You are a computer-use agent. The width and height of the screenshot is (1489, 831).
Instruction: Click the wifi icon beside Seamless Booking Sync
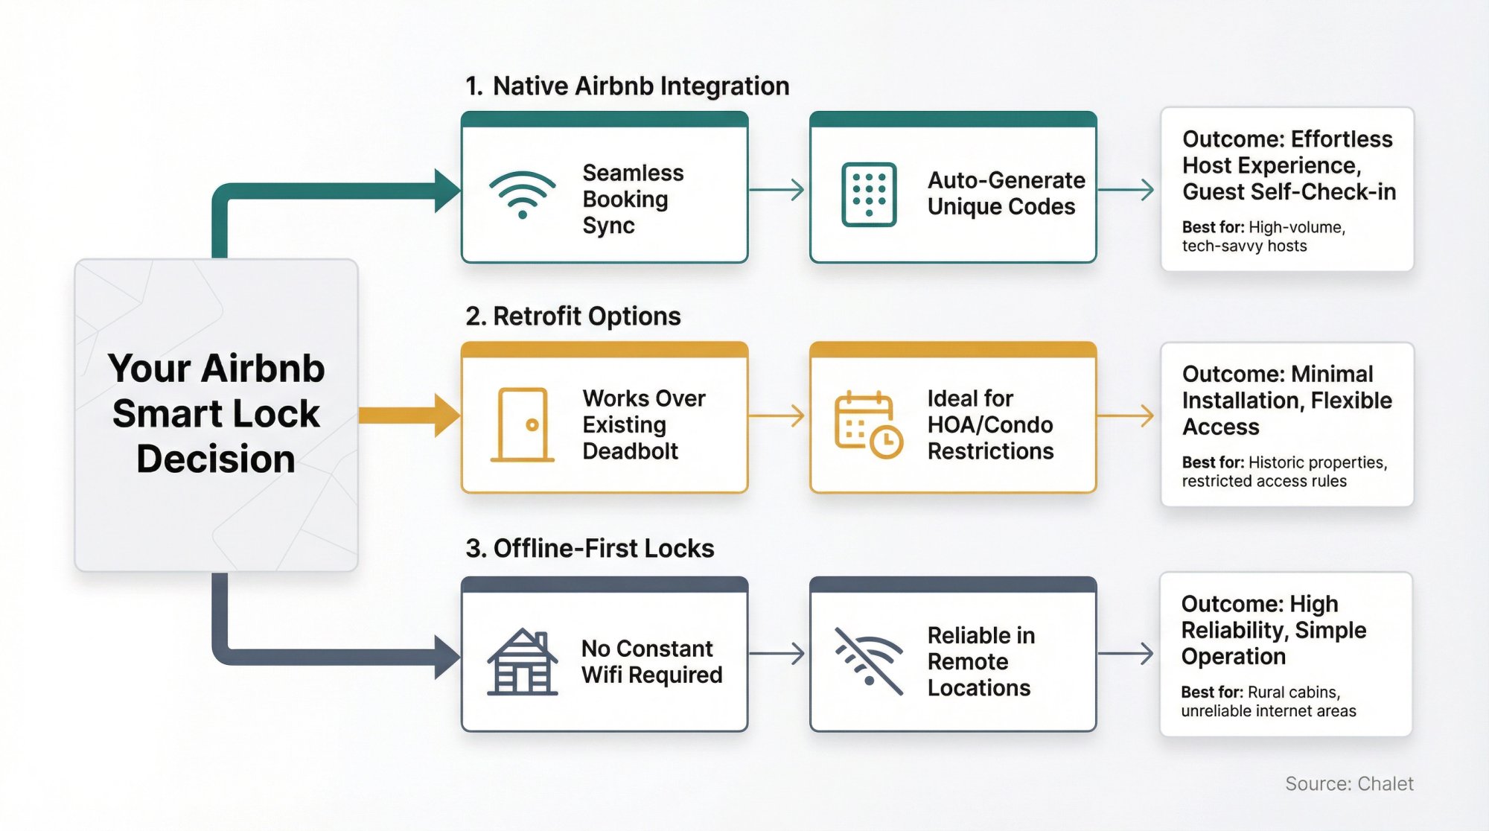click(x=523, y=194)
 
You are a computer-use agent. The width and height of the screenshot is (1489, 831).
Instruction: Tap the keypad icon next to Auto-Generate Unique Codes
click(x=869, y=194)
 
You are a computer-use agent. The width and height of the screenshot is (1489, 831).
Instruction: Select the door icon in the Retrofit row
click(x=522, y=424)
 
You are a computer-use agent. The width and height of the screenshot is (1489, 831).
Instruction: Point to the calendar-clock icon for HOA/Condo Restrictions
click(x=868, y=424)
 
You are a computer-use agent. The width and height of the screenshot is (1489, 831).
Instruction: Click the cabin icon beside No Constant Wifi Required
click(x=522, y=662)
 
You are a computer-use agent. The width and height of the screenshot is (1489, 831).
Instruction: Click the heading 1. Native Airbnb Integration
click(x=627, y=86)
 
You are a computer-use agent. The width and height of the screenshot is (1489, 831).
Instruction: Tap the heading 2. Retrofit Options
click(x=573, y=316)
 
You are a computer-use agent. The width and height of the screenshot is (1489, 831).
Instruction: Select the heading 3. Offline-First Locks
click(x=589, y=549)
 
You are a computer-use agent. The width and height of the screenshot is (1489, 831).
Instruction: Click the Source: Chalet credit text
click(x=1348, y=784)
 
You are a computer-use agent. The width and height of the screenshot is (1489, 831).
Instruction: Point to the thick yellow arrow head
click(x=447, y=415)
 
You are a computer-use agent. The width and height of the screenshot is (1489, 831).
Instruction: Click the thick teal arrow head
click(x=447, y=191)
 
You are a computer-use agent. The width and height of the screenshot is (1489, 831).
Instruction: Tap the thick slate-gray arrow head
click(x=447, y=658)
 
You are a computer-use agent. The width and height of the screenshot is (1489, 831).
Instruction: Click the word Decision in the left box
click(x=216, y=459)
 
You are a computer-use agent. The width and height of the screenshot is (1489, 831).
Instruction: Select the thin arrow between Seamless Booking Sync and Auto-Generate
click(x=777, y=190)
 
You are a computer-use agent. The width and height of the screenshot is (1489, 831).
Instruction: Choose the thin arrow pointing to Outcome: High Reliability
click(x=1126, y=654)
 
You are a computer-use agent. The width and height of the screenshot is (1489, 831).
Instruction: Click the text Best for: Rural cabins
click(x=1260, y=692)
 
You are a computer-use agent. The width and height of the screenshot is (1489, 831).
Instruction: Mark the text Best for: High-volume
click(x=1263, y=228)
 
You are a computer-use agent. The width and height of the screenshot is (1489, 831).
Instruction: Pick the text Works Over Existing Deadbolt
click(x=643, y=424)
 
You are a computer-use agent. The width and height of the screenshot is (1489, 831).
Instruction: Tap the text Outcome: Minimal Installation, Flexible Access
click(x=1286, y=401)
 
